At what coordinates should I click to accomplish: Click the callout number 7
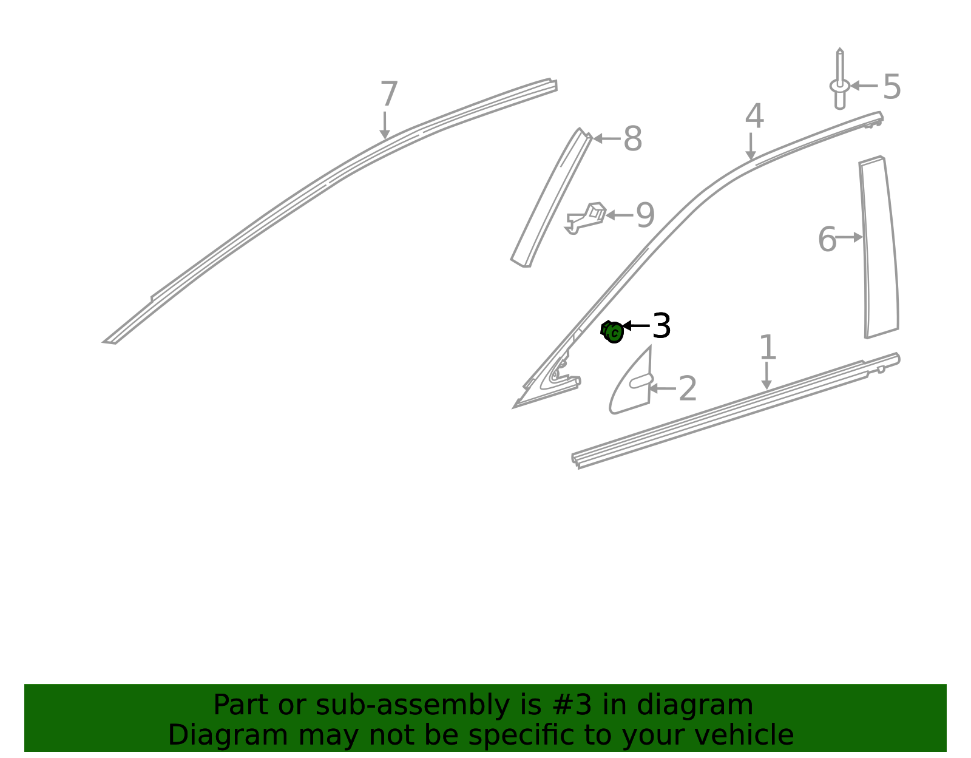click(x=388, y=94)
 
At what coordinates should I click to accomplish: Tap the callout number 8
click(x=632, y=138)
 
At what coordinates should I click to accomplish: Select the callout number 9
click(x=645, y=215)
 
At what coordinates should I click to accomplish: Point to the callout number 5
click(x=891, y=87)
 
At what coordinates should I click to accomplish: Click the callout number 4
click(x=754, y=116)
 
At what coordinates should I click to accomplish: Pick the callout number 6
click(x=827, y=239)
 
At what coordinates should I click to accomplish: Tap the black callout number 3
click(x=661, y=326)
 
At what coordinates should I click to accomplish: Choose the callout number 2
click(x=687, y=388)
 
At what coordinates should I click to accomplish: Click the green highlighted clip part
click(x=612, y=332)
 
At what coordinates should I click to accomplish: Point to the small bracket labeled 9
click(x=586, y=218)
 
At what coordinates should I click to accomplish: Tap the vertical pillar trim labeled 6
click(x=879, y=247)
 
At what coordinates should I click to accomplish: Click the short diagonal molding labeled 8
click(x=552, y=197)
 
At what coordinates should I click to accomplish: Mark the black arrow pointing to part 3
click(x=636, y=326)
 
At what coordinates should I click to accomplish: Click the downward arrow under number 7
click(x=384, y=126)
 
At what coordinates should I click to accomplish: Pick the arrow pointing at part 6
click(x=849, y=237)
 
